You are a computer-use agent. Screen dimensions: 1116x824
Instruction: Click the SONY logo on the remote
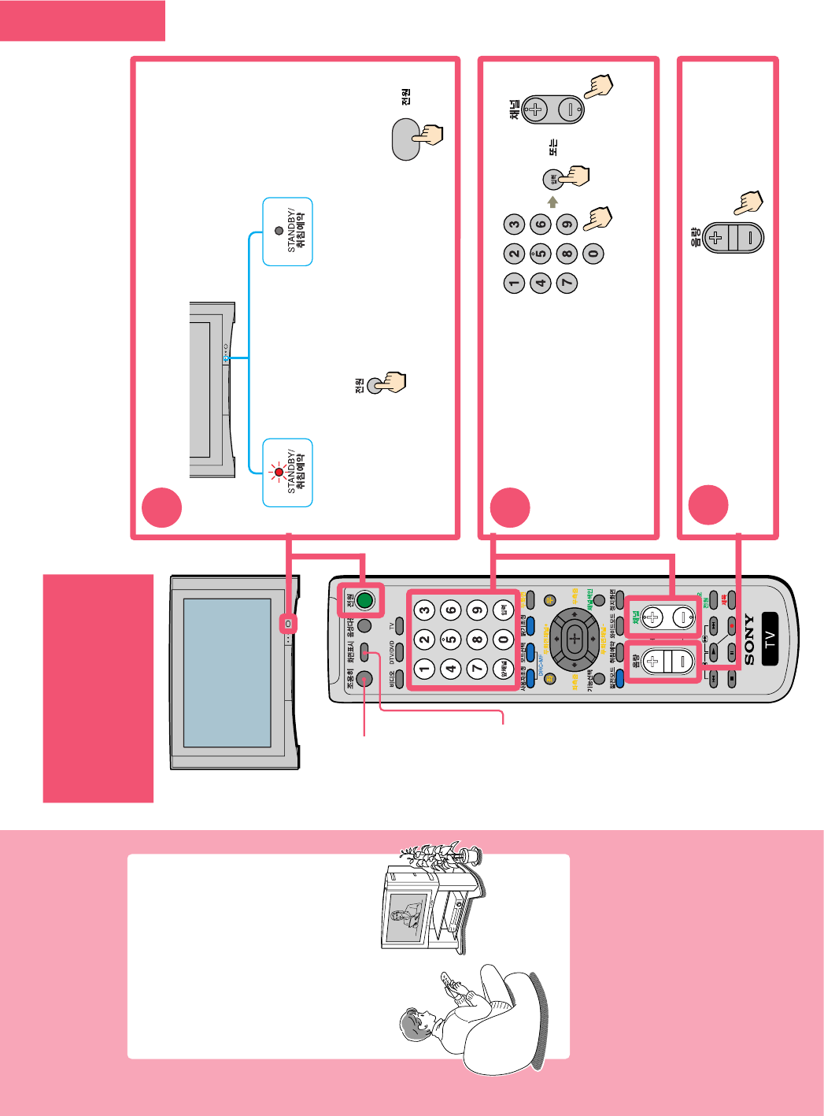click(748, 639)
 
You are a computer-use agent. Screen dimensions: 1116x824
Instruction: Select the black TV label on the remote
click(770, 639)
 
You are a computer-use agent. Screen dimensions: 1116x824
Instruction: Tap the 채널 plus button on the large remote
click(652, 617)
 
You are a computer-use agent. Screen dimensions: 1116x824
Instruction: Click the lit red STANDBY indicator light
click(278, 473)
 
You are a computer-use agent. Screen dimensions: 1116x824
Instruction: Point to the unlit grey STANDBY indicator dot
click(279, 231)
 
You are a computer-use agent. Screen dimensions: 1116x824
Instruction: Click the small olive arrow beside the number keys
click(552, 202)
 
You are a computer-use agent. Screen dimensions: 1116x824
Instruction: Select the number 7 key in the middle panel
click(567, 282)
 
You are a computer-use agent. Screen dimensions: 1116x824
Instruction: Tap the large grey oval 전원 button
click(406, 139)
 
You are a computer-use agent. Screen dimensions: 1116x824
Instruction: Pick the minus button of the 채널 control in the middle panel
click(571, 109)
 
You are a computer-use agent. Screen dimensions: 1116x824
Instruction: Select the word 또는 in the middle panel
click(552, 146)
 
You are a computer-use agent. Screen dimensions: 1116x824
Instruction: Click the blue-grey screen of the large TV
click(227, 672)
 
